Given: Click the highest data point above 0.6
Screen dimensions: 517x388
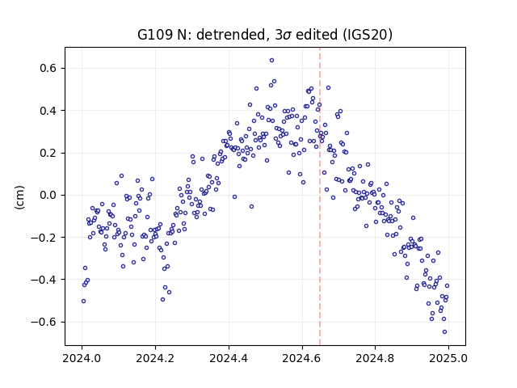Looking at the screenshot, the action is pyautogui.click(x=271, y=60).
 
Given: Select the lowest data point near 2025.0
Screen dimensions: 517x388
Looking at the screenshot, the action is pyautogui.click(x=444, y=332).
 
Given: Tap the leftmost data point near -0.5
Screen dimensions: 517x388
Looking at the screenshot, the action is pyautogui.click(x=83, y=301).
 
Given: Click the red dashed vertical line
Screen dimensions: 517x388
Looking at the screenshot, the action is pyautogui.click(x=320, y=196).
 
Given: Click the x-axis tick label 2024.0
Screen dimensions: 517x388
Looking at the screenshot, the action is pyautogui.click(x=82, y=358).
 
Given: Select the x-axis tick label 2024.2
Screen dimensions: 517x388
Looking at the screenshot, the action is pyautogui.click(x=155, y=358).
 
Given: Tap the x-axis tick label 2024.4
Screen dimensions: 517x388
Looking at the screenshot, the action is pyautogui.click(x=229, y=358).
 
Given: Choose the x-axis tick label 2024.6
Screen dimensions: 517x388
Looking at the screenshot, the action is pyautogui.click(x=301, y=358).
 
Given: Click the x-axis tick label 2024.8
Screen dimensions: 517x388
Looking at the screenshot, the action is pyautogui.click(x=375, y=358).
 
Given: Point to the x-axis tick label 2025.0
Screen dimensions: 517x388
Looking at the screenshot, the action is pyautogui.click(x=448, y=358).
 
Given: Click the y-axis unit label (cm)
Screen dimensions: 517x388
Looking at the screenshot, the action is pyautogui.click(x=19, y=197).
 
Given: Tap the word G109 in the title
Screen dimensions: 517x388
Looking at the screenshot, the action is pyautogui.click(x=154, y=35).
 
